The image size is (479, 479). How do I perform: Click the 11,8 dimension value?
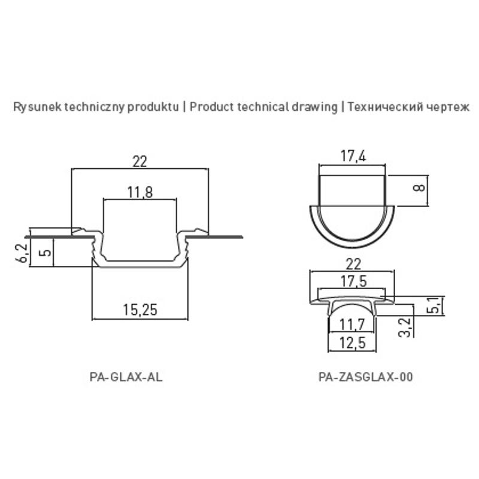(140, 192)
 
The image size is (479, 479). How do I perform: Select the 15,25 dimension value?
(140, 310)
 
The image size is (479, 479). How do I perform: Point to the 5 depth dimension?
(46, 253)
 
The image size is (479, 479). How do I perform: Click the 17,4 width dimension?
(353, 156)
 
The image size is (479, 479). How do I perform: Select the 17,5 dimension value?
(353, 281)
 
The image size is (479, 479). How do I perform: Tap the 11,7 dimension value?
(352, 325)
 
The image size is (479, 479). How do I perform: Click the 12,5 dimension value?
(352, 343)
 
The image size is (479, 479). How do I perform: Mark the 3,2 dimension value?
(405, 328)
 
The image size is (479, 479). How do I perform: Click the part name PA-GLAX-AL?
(126, 377)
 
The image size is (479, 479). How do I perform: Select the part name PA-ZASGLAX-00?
(366, 377)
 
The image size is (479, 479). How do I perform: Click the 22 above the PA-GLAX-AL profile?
(140, 161)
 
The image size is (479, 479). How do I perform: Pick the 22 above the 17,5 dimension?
(353, 264)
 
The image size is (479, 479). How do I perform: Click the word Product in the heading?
(212, 107)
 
